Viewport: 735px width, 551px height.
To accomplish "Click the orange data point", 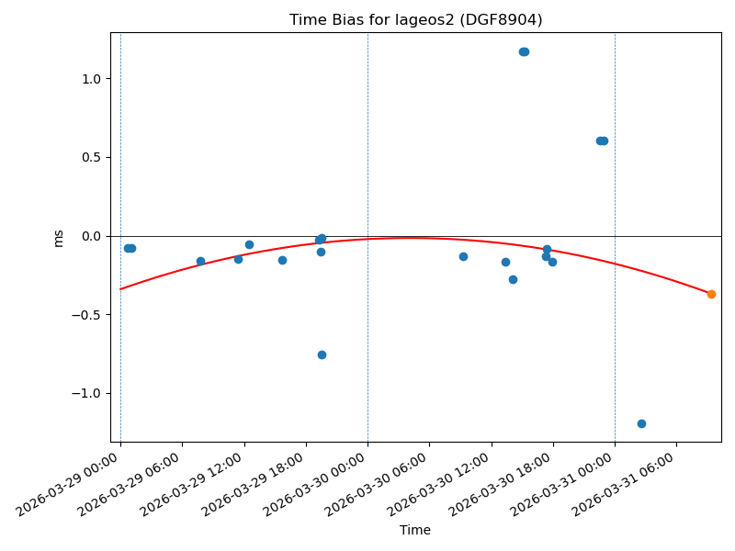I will point(711,294).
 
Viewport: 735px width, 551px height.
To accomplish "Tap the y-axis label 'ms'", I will point(59,238).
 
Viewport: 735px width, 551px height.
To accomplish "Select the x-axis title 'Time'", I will point(415,530).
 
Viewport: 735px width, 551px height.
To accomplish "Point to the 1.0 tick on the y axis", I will point(88,79).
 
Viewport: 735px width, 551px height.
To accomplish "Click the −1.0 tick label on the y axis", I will point(85,393).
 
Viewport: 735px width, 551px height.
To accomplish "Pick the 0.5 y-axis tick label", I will point(88,157).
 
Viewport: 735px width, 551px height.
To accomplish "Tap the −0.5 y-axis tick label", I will point(85,315).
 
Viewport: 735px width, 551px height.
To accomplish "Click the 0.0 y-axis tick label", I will point(88,236).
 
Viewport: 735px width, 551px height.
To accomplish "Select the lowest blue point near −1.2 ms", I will point(641,423).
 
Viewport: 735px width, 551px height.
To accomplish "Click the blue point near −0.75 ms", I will point(322,354).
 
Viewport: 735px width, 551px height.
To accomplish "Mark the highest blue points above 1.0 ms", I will point(524,51).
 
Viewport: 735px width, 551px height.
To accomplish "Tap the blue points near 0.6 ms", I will point(602,141).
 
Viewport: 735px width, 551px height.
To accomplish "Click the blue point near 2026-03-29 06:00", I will point(200,261).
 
